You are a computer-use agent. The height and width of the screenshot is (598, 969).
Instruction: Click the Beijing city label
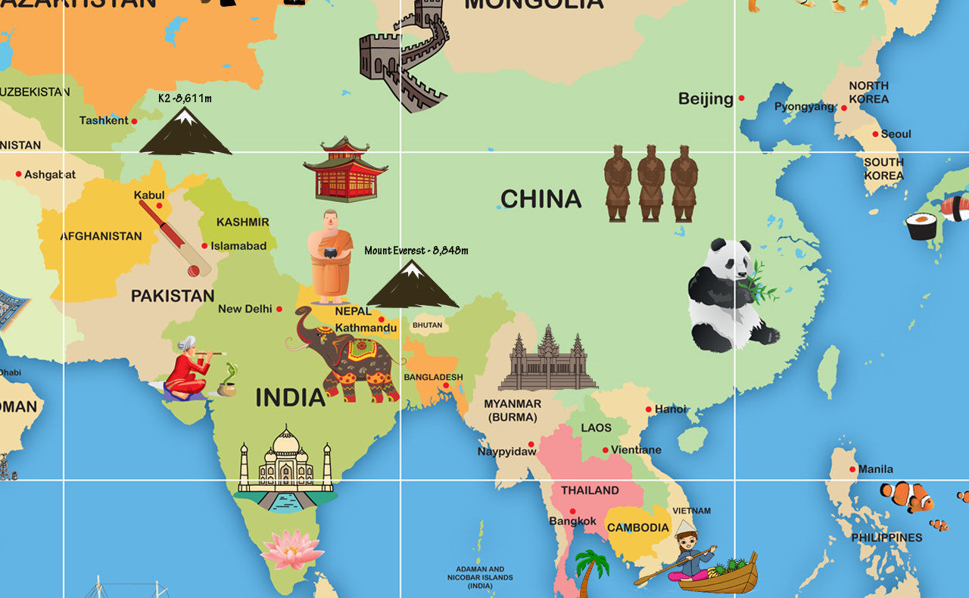click(706, 98)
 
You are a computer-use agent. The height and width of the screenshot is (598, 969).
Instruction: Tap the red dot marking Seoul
click(875, 134)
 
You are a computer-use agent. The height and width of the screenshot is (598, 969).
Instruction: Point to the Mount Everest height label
click(416, 250)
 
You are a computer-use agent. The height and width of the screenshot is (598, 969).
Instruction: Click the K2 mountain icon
click(185, 132)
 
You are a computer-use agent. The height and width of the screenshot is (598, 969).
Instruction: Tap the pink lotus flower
click(292, 549)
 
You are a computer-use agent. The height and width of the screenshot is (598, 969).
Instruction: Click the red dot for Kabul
click(159, 205)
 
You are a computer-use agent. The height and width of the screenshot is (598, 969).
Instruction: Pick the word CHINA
click(541, 199)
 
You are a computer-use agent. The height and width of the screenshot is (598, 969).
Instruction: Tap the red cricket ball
click(194, 270)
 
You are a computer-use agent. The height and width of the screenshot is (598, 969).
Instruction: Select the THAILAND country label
click(590, 490)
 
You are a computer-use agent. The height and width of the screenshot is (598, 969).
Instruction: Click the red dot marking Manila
click(852, 469)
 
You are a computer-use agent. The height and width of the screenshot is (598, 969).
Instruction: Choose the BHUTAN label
click(427, 325)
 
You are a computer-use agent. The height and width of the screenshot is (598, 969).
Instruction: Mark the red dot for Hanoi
click(649, 409)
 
